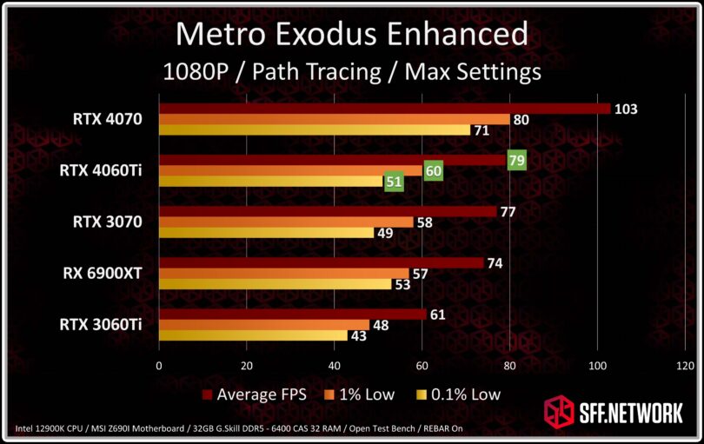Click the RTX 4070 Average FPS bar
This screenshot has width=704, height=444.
(x=382, y=109)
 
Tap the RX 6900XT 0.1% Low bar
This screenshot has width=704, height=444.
(x=275, y=284)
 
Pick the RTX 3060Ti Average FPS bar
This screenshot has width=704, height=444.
(x=292, y=314)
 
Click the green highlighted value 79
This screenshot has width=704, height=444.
(x=517, y=160)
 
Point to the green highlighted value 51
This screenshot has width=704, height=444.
(x=394, y=182)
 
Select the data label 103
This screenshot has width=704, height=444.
(x=626, y=109)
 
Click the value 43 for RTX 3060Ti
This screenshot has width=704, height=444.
(x=358, y=335)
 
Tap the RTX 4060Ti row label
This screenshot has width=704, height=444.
(x=101, y=170)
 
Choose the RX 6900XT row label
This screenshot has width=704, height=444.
(x=104, y=274)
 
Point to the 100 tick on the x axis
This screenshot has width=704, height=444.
(x=597, y=366)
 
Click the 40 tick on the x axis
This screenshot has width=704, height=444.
(x=334, y=366)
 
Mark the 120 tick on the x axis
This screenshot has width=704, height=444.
(x=685, y=366)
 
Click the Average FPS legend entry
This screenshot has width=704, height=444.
(x=261, y=394)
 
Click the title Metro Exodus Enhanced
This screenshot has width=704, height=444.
(x=352, y=34)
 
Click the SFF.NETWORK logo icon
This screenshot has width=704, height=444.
(x=559, y=412)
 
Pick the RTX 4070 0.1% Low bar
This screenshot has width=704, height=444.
(x=315, y=130)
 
